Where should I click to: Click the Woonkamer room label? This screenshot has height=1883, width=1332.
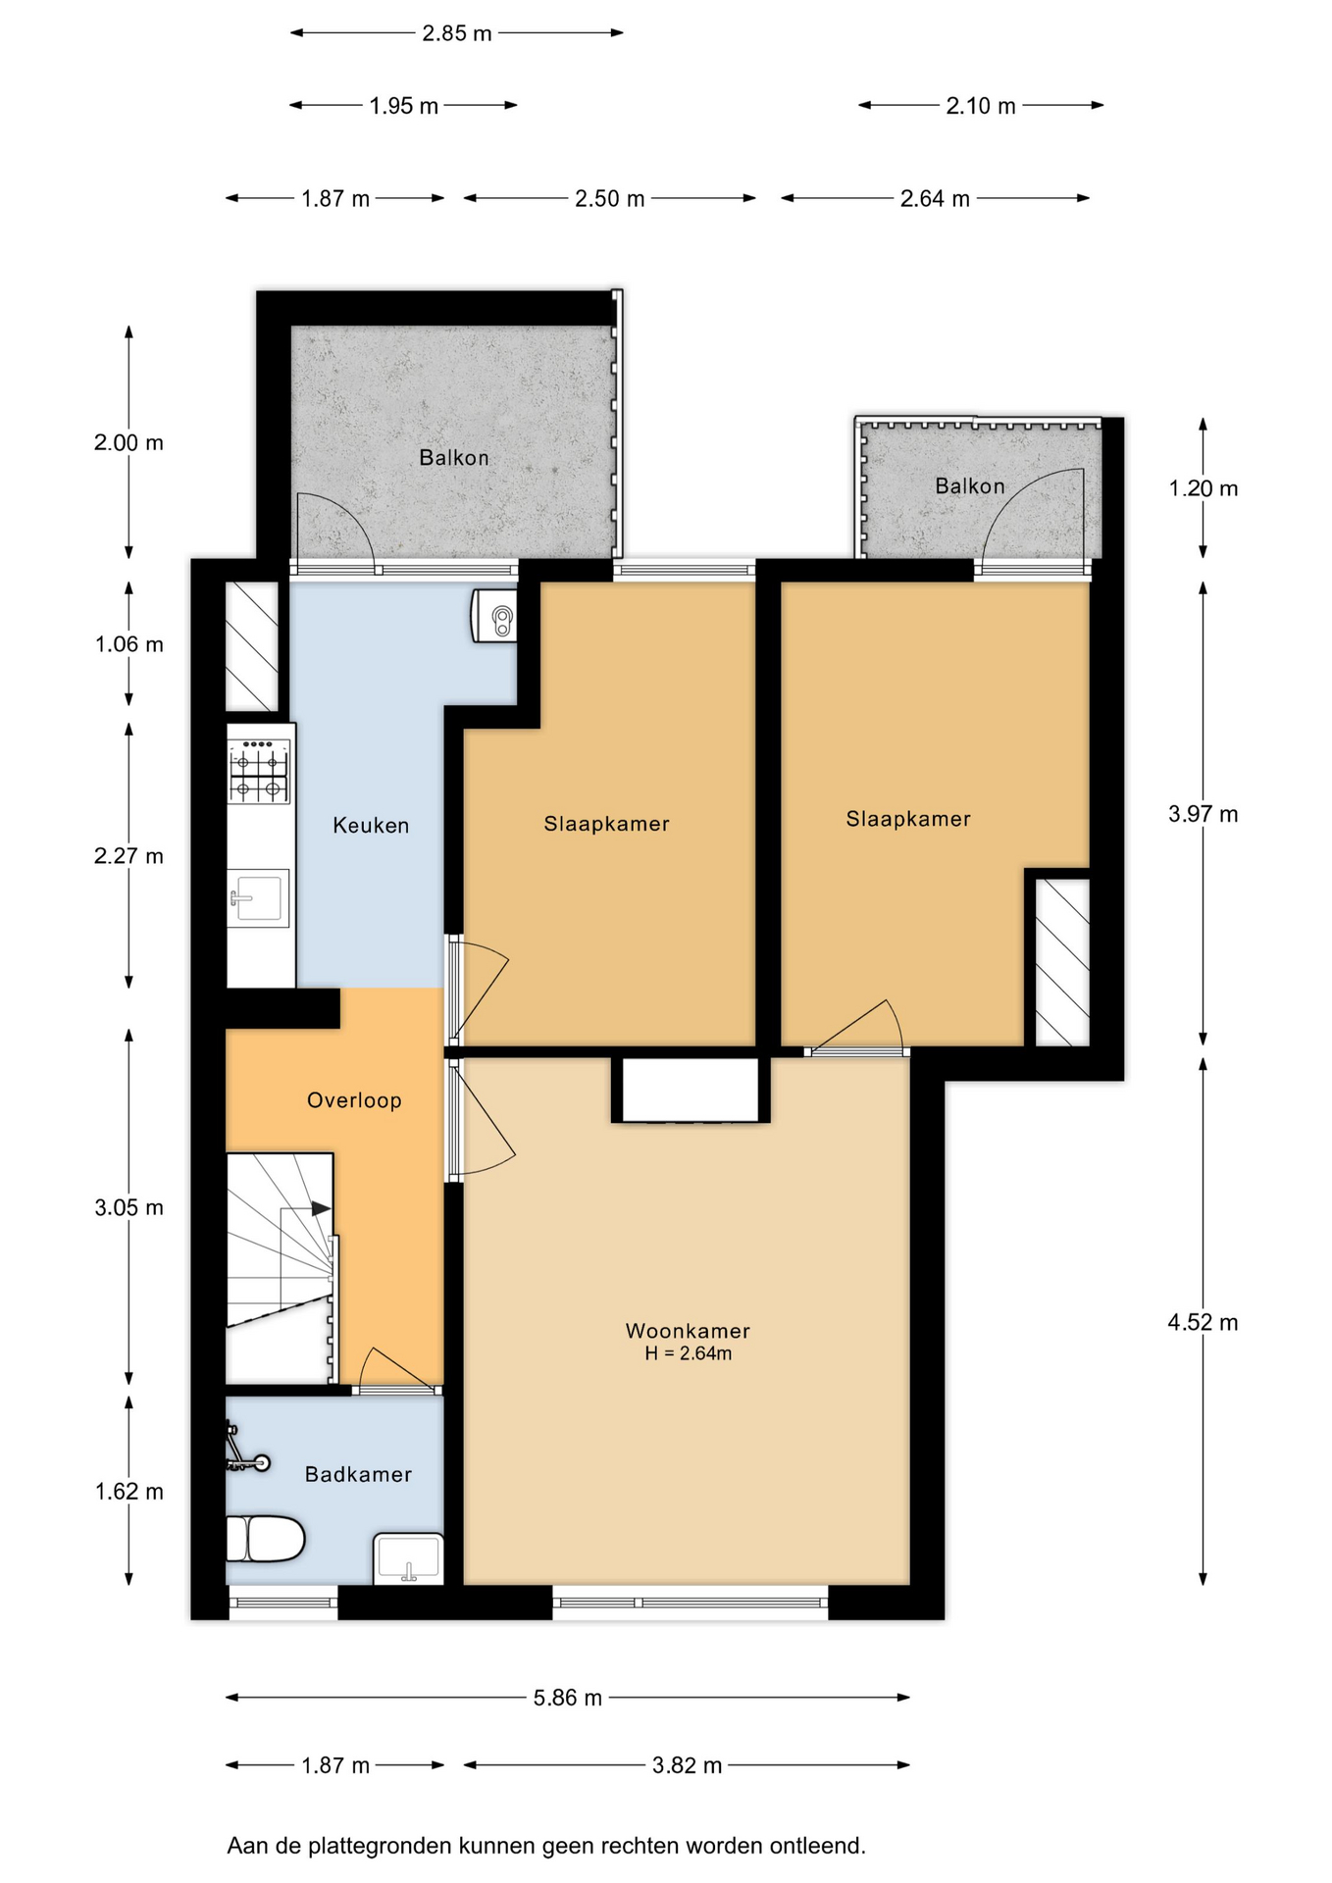point(688,1331)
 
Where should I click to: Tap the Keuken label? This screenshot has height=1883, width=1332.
point(371,826)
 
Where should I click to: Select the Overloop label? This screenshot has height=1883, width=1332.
point(354,1100)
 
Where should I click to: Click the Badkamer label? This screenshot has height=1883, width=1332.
point(358,1474)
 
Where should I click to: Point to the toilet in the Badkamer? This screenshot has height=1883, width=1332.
point(265,1538)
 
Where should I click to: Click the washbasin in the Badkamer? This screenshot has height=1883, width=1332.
point(408,1558)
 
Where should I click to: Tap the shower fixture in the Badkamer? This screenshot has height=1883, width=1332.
point(245,1450)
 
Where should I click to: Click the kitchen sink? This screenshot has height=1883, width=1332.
point(259,897)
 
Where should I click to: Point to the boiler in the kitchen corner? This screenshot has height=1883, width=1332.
point(494,616)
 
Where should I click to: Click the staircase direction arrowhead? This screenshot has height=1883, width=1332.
point(321,1209)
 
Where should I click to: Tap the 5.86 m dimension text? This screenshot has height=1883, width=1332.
point(568,1698)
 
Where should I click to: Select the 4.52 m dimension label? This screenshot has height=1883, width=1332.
point(1203,1322)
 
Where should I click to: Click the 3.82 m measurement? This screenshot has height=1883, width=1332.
point(687,1765)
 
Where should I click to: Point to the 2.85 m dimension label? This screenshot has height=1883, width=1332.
point(457,33)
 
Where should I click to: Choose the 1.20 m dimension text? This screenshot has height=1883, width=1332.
point(1203,488)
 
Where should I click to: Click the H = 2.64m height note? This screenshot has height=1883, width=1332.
point(688,1353)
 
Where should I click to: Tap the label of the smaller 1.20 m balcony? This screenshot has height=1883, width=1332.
point(970,485)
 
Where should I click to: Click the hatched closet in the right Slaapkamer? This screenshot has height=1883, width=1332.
point(1062,962)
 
